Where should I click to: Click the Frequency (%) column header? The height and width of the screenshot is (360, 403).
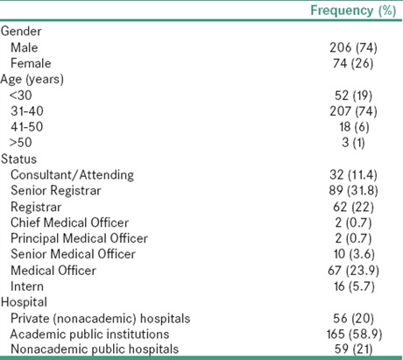point(353,11)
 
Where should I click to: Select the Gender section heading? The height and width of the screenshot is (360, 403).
point(21,32)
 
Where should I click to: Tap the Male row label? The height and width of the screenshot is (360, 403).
point(25,47)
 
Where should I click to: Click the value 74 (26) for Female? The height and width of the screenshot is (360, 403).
point(353,63)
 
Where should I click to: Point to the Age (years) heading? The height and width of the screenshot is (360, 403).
point(32,80)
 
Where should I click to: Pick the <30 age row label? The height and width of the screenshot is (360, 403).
point(20,95)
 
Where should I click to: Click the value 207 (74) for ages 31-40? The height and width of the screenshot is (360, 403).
point(353,111)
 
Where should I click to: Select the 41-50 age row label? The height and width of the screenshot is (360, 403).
point(27,127)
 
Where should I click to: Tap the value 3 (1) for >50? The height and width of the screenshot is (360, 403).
point(353,143)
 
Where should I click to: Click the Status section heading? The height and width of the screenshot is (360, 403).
point(18,159)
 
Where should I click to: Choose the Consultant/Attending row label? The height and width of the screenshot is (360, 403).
point(72,175)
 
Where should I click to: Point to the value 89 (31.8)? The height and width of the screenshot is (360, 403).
point(353,191)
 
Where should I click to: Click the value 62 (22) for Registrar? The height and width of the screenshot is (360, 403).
point(353,207)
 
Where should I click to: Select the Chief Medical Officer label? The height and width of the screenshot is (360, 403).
point(69,222)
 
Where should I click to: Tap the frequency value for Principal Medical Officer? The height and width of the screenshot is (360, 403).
point(353,238)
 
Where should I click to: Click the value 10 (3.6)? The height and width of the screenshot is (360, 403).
point(354,254)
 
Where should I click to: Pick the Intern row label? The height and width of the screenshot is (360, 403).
point(27,286)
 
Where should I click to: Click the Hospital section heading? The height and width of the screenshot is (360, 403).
point(24,302)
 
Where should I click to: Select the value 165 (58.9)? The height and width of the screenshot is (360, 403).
point(354,335)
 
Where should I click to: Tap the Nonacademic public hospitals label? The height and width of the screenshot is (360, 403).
point(95,349)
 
